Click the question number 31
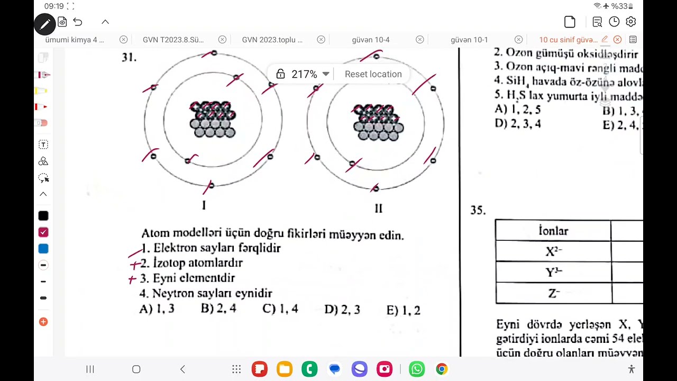tap(129, 58)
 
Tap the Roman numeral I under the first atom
tap(204, 206)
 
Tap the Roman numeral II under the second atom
tap(378, 208)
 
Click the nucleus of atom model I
tap(213, 120)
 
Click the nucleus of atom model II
tap(378, 123)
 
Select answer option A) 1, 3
tap(157, 310)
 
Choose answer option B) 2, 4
tap(218, 309)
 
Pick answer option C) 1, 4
tap(280, 309)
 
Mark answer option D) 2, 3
tap(342, 310)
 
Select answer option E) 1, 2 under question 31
tap(404, 310)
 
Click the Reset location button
tap(373, 74)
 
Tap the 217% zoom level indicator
tap(304, 74)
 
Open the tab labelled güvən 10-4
tap(370, 40)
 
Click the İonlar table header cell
tap(553, 231)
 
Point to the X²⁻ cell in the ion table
tap(553, 251)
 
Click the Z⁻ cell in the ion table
tap(553, 293)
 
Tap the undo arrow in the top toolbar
tap(78, 22)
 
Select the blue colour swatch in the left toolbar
tap(43, 249)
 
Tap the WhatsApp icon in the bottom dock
tap(417, 369)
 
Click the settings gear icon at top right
tap(630, 22)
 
